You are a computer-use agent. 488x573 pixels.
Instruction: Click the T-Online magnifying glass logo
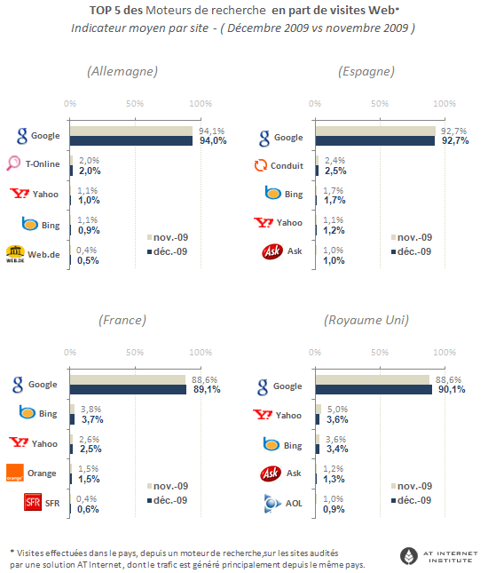[13, 163]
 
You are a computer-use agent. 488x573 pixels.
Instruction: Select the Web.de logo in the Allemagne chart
[15, 254]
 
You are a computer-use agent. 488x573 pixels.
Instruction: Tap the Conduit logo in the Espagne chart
[261, 165]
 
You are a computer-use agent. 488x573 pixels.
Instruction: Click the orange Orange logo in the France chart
[15, 473]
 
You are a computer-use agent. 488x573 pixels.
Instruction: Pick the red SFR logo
[33, 502]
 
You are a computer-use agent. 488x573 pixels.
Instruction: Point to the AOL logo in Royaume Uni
[272, 503]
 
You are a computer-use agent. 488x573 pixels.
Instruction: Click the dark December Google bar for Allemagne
[131, 141]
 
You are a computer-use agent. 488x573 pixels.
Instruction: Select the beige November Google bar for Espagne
[375, 131]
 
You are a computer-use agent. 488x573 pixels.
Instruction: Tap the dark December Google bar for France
[128, 390]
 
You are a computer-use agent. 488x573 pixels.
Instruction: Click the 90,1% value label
[452, 390]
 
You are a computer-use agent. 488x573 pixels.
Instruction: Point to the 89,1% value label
[207, 390]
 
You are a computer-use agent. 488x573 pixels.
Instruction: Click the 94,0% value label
[213, 140]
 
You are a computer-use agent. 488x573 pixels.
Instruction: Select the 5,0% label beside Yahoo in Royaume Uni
[337, 409]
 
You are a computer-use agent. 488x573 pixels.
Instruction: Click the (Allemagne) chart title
[122, 71]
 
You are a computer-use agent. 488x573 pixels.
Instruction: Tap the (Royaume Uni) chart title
[366, 320]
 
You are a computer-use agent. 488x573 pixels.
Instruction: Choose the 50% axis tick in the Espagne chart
[380, 103]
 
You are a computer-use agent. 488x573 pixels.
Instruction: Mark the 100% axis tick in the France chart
[201, 353]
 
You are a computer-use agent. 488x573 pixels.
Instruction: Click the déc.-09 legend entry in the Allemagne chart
[167, 251]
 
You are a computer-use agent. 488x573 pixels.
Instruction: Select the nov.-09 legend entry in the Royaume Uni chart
[412, 486]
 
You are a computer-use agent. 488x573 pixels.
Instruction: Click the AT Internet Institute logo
[438, 556]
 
